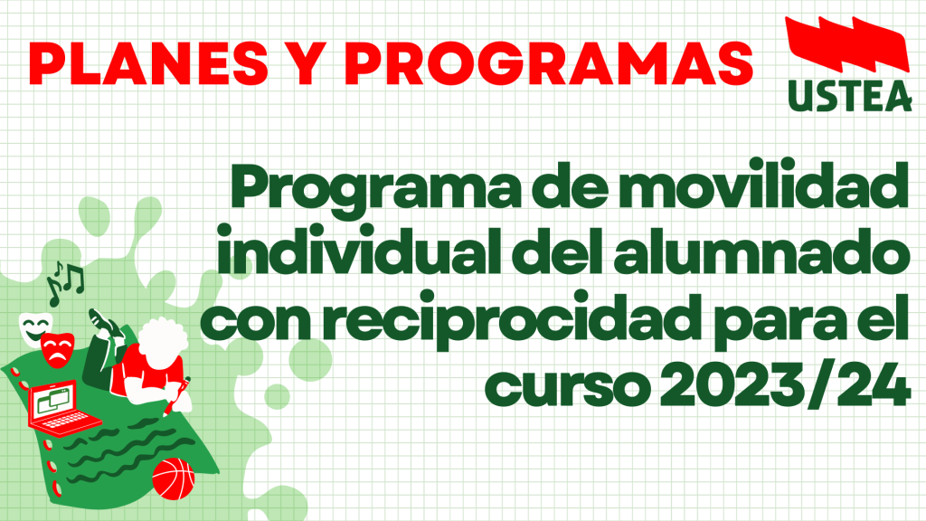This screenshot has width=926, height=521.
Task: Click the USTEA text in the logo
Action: tap(850, 96)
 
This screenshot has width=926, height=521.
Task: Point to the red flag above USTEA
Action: tap(847, 43)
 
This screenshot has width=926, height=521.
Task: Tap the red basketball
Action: tap(173, 478)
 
